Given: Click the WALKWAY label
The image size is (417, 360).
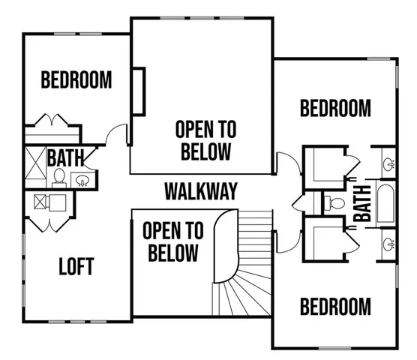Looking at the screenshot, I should coord(201,191).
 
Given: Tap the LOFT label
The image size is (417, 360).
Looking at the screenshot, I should coord(76,266).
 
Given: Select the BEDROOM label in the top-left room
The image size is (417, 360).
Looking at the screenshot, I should coord(76,79).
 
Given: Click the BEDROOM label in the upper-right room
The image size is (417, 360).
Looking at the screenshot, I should coord(335,108).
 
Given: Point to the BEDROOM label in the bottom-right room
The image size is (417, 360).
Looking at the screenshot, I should coord(335,306).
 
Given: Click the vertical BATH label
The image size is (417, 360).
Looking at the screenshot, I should coord(364,202).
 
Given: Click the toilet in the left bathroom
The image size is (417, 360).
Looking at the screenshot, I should coord(58,178).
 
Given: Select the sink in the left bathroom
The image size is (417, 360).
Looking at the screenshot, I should coord(81,180).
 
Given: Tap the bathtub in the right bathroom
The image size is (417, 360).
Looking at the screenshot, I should coord(385,203).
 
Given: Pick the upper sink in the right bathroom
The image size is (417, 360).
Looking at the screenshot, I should coord(388,163).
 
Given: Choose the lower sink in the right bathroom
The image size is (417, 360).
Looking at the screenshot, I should coord(388,242).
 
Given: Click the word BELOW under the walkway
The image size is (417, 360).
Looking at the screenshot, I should coord(172,253).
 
